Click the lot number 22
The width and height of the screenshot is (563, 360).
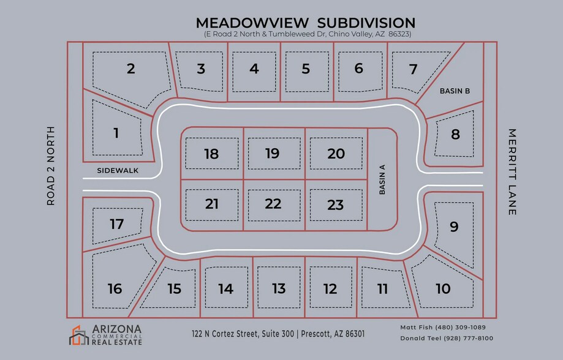coord(273,204)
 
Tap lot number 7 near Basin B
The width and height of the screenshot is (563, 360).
coord(413,69)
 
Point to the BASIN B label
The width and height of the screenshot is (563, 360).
coord(455,91)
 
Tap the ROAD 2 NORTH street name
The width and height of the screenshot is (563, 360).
coord(51,165)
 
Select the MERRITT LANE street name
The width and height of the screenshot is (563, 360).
coord(512,171)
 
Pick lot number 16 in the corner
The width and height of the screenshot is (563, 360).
coord(115,288)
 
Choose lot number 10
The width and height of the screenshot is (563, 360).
coord(443,288)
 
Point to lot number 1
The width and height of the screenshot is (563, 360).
coord(116,132)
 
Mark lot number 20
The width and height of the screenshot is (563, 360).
coord(336,154)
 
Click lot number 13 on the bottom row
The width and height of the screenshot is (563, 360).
coord(279,288)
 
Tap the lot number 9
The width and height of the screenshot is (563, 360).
coord(454,227)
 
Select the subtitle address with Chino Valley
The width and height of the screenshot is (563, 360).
coord(308,34)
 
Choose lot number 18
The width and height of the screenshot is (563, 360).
coord(211,154)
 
